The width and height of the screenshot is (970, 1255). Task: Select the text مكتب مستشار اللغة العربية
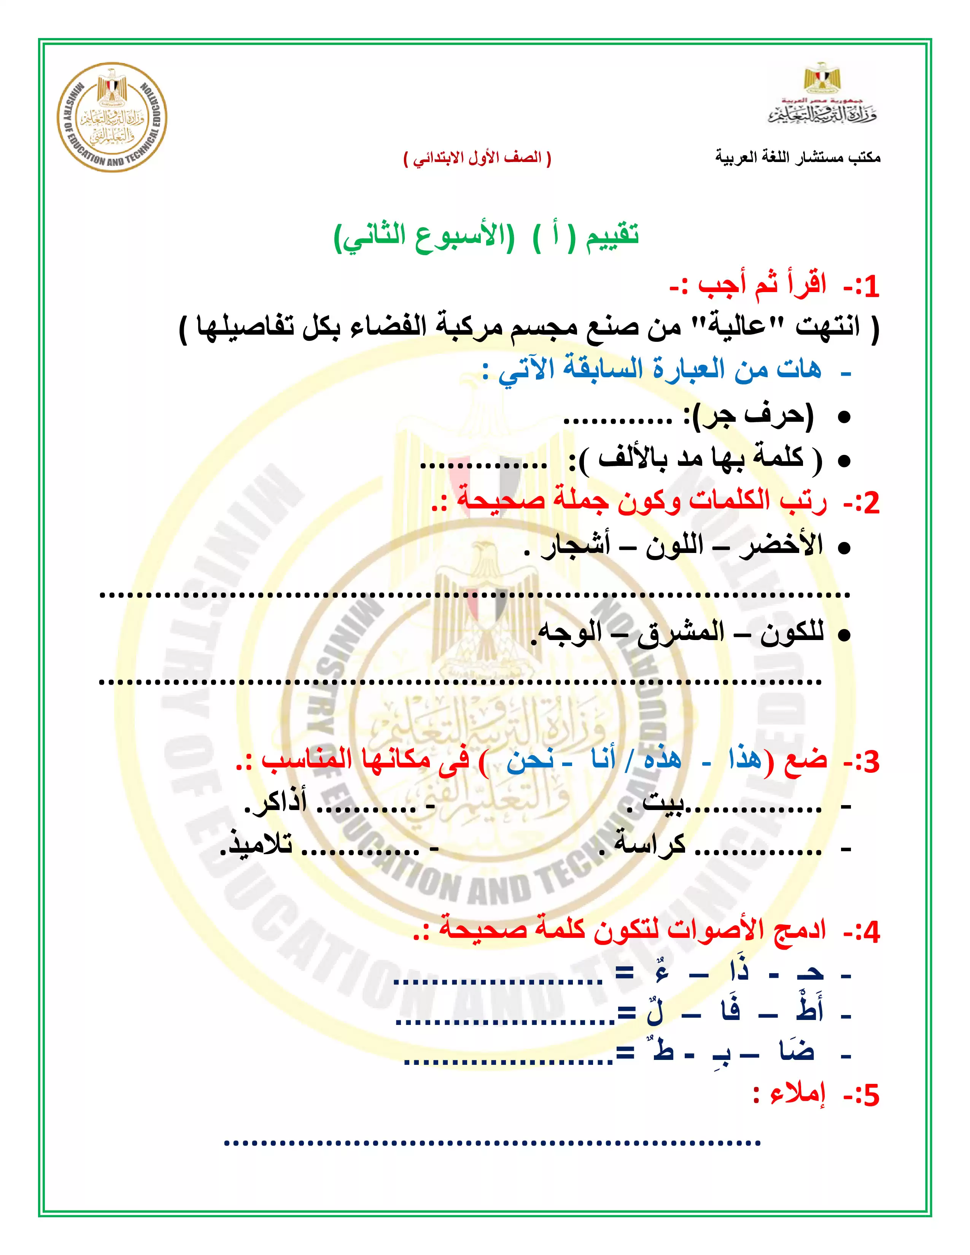tap(798, 157)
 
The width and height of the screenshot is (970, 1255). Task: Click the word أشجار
tap(575, 545)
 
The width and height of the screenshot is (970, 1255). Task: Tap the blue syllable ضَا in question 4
tap(797, 1050)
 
